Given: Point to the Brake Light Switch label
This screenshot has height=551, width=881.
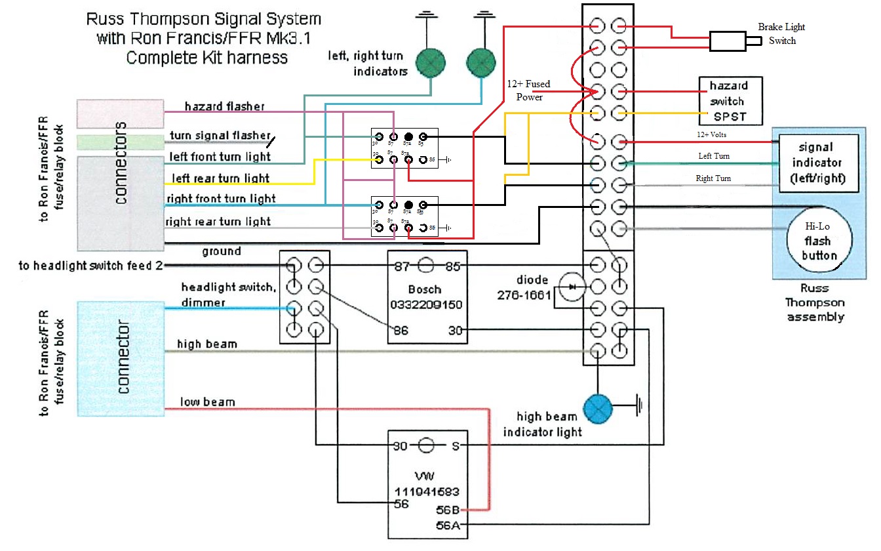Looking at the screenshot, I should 781,33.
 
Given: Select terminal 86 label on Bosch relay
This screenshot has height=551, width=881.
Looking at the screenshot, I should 401,331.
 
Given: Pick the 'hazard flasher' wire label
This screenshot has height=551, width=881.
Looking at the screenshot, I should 224,106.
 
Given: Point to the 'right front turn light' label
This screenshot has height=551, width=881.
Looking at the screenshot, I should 221,199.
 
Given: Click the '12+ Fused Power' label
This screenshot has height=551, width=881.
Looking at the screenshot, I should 528,91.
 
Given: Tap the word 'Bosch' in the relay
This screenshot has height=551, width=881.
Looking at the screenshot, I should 425,289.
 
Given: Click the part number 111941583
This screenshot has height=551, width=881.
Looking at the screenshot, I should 426,491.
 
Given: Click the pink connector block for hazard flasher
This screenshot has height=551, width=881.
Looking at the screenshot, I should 120,113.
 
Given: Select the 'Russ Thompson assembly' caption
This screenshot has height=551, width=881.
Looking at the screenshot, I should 815,302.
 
